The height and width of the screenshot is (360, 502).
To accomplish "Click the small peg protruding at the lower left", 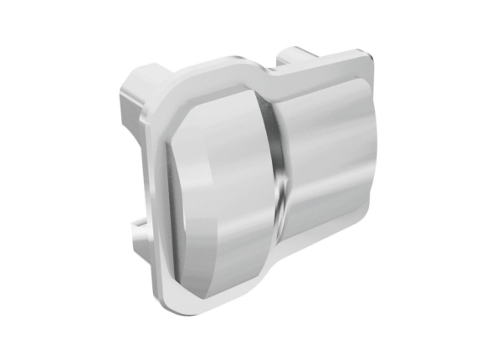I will point(134,226).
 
